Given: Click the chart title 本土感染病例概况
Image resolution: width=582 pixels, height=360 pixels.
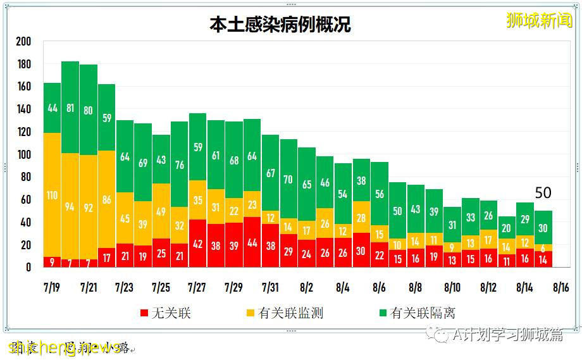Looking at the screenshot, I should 280,25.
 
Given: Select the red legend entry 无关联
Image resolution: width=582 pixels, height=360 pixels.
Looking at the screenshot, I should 166,313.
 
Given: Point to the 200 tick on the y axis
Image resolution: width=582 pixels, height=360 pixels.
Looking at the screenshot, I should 23,42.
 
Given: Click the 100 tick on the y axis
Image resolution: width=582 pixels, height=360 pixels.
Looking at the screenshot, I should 23,155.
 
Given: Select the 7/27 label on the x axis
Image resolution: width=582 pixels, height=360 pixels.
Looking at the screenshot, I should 197,288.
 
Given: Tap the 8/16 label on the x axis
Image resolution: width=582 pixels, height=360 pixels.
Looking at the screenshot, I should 561,288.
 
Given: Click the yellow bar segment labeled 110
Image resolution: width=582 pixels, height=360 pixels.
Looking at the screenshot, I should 53,195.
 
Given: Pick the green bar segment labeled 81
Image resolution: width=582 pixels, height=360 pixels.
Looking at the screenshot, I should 70,108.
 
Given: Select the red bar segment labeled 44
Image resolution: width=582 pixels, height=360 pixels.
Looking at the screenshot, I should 252,242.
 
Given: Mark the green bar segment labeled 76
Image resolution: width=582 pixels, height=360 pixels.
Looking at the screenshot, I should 179,164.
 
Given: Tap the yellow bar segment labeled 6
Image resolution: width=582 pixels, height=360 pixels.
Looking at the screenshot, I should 543,247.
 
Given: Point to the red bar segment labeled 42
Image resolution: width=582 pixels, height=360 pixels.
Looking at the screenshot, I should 197,244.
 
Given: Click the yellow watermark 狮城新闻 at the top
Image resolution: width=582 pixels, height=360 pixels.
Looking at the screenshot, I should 539,20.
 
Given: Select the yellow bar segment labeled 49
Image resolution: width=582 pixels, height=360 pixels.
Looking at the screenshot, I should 161,211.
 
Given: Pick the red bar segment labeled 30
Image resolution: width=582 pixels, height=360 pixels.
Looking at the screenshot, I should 361,250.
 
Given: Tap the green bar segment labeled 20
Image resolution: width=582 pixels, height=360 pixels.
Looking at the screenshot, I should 507,228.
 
